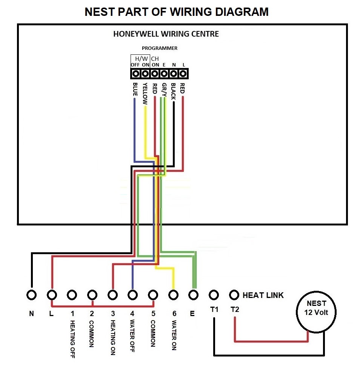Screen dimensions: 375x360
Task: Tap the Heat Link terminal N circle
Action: (x=32, y=295)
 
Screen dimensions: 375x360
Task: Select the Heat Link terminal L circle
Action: (x=52, y=295)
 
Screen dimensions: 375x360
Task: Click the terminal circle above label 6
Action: (x=173, y=295)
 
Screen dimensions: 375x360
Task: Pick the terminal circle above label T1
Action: (x=214, y=295)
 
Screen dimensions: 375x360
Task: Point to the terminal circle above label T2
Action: (x=234, y=295)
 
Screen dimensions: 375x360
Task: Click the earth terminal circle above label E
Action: (x=193, y=295)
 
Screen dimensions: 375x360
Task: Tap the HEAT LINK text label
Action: (x=263, y=295)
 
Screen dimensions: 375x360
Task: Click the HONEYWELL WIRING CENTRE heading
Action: (x=166, y=34)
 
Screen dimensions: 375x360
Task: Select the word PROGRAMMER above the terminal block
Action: (x=159, y=48)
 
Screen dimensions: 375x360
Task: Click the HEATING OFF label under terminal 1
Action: (x=72, y=339)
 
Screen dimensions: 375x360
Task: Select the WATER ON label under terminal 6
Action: (x=174, y=335)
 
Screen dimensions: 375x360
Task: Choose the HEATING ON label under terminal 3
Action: (x=112, y=338)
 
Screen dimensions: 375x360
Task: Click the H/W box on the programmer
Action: (x=140, y=59)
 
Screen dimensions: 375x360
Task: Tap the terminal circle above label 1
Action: (x=72, y=295)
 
